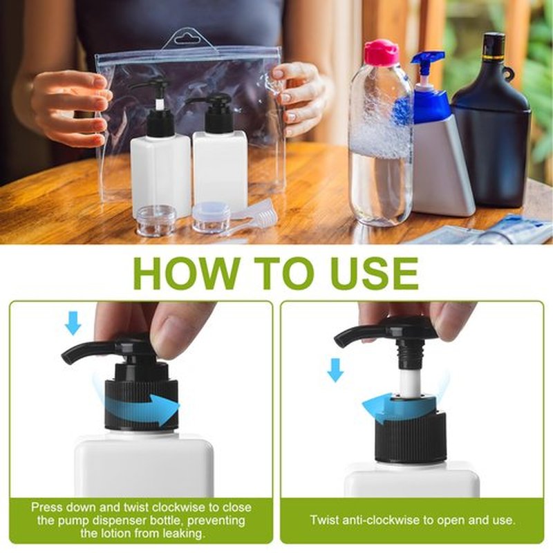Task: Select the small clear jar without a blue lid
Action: pyautogui.click(x=152, y=218)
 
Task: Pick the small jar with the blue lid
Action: pyautogui.click(x=211, y=216)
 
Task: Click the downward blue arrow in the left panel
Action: pyautogui.click(x=73, y=324)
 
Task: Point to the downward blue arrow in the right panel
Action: pyautogui.click(x=335, y=370)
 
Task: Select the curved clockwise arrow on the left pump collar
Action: pyautogui.click(x=141, y=406)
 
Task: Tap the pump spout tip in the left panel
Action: pyautogui.click(x=66, y=358)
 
